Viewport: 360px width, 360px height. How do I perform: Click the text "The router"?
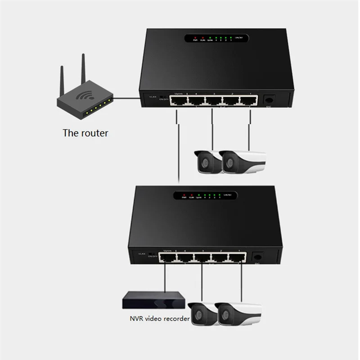pyautogui.click(x=85, y=133)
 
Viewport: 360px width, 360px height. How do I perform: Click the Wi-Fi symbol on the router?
pyautogui.click(x=84, y=96)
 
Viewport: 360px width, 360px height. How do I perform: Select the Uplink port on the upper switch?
pyautogui.click(x=178, y=101)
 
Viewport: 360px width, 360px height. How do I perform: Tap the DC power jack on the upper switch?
pyautogui.click(x=269, y=100)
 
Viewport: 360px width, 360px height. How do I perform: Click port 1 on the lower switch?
pyautogui.click(x=237, y=258)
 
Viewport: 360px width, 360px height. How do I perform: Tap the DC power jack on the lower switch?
pyautogui.click(x=258, y=257)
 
